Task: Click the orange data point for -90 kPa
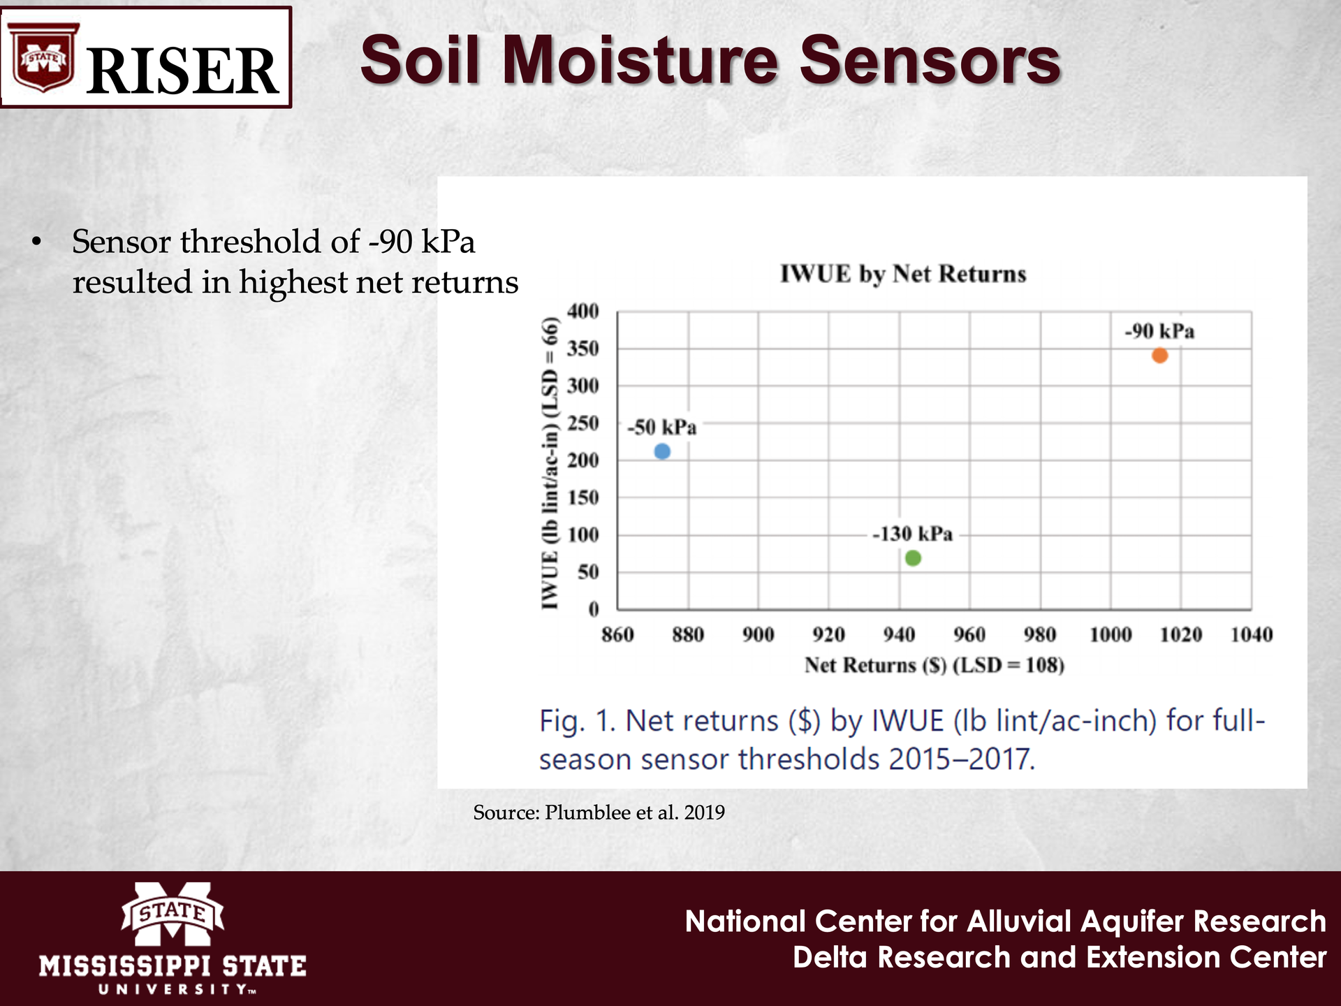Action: click(1159, 356)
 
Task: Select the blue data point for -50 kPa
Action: click(662, 451)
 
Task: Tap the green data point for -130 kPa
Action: click(913, 558)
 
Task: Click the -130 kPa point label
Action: click(912, 534)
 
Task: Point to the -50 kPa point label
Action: click(661, 428)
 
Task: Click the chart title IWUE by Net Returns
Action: click(903, 274)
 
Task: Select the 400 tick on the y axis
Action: click(582, 311)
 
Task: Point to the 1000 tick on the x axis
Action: click(1111, 634)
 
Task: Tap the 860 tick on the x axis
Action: click(617, 634)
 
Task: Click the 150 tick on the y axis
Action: click(582, 497)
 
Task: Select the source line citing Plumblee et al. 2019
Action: click(599, 812)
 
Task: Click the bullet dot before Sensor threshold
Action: click(37, 242)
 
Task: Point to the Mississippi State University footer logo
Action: click(173, 938)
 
